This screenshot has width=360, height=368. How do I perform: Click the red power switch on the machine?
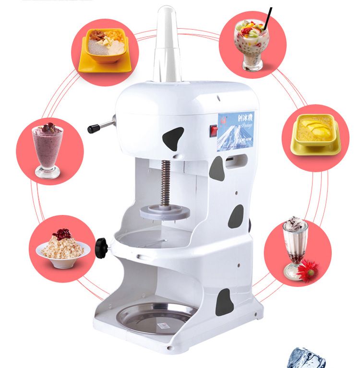(x=213, y=131)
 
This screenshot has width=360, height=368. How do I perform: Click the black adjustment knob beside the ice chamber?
(x=101, y=248)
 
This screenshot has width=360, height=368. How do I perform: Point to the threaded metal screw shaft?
(x=166, y=182)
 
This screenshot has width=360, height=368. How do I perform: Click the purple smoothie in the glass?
(x=48, y=144)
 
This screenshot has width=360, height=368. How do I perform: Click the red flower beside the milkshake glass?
(x=308, y=271)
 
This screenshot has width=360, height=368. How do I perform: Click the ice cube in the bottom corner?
(x=307, y=358)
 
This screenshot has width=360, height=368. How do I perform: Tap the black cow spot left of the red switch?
(x=174, y=139)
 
